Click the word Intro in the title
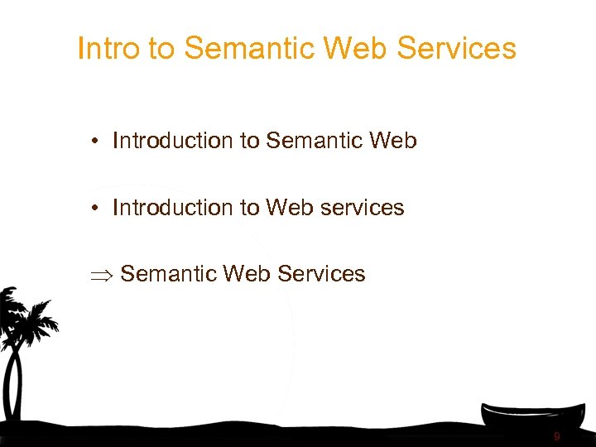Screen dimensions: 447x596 point(108,49)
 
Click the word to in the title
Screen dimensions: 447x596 point(162,49)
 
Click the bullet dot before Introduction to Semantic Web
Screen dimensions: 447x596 point(97,142)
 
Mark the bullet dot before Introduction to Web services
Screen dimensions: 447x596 point(97,208)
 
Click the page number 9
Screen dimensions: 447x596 point(557,436)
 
